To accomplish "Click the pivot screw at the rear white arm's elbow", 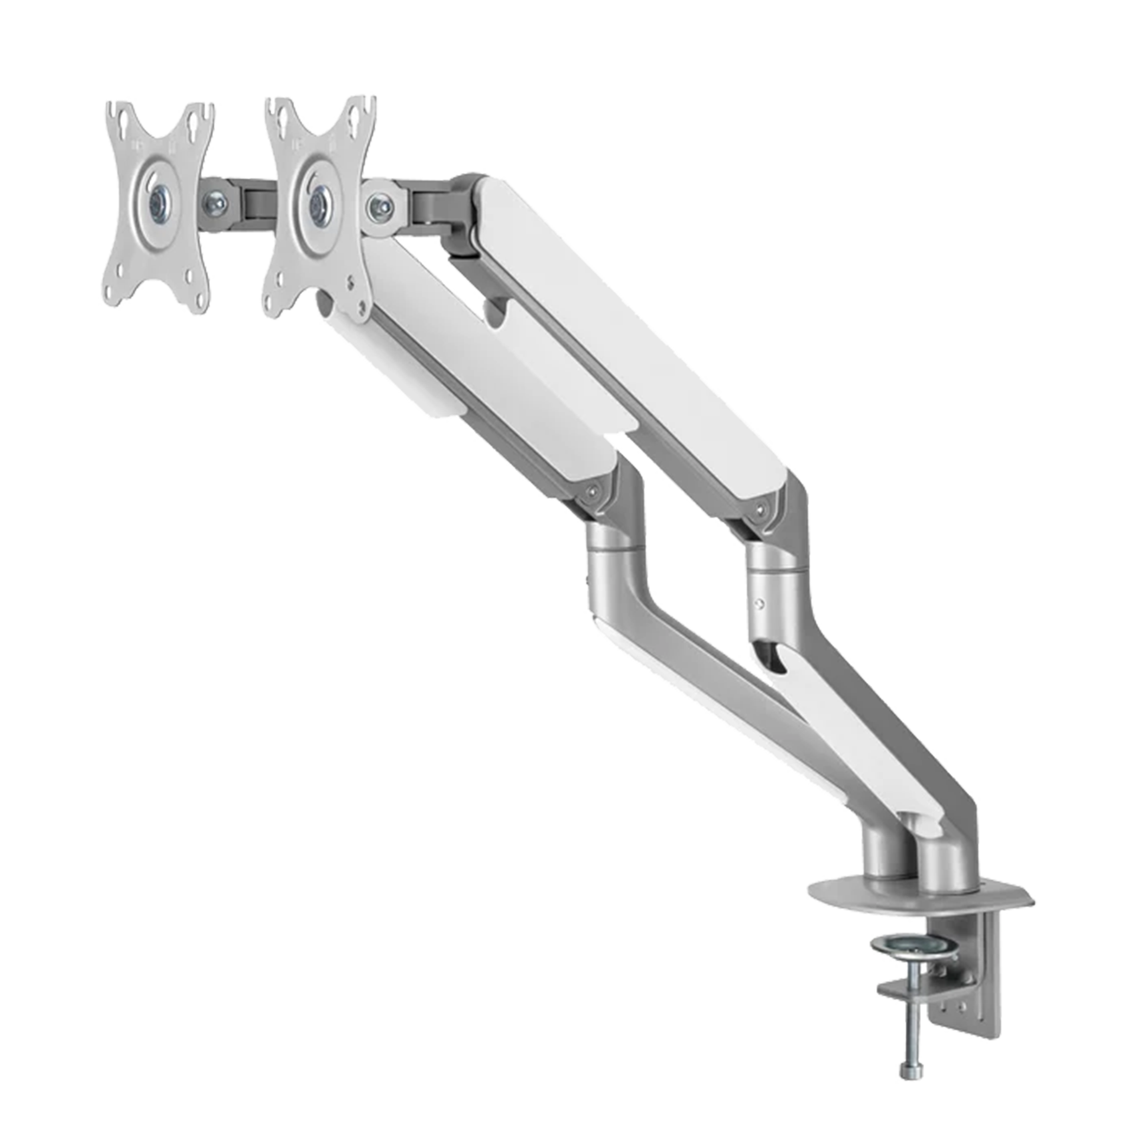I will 760,510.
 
